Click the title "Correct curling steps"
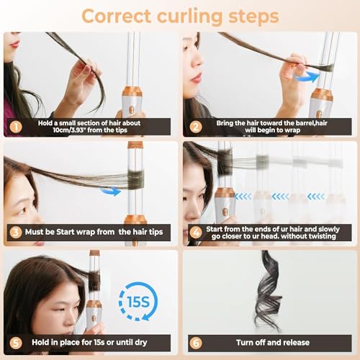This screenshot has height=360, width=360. [180, 15]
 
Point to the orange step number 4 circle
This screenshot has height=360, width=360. [194, 232]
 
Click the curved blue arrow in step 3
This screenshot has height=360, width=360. [109, 190]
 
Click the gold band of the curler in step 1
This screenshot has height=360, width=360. [132, 92]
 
